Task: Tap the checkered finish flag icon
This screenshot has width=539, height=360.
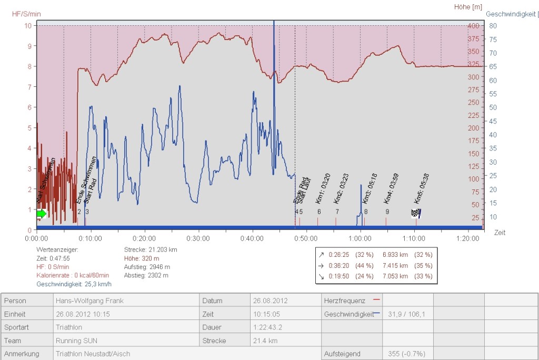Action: click(x=416, y=213)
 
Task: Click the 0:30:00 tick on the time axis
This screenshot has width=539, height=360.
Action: click(x=198, y=238)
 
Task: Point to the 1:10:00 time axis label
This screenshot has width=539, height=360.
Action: click(x=415, y=238)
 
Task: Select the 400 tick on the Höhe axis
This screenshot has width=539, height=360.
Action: click(x=474, y=26)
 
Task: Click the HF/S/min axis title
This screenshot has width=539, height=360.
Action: click(x=26, y=14)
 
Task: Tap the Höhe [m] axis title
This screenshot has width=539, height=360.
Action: click(x=468, y=7)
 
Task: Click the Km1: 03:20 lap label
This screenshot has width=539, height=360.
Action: click(x=323, y=188)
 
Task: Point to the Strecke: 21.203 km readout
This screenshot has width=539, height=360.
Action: click(x=151, y=249)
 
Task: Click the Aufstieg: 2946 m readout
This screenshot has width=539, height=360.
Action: click(x=146, y=267)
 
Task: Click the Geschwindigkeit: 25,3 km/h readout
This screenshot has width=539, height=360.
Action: click(x=74, y=284)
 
